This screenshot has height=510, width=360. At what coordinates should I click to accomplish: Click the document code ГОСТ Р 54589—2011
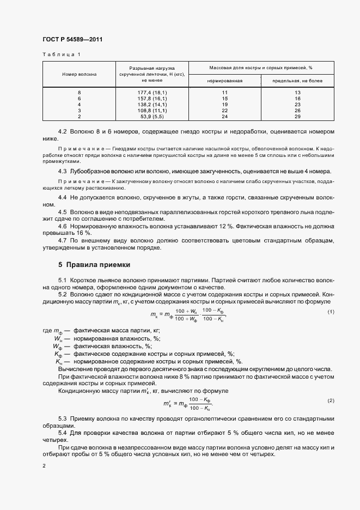pyautogui.click(x=72, y=40)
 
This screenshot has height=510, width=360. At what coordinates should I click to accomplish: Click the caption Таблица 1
pyautogui.click(x=61, y=54)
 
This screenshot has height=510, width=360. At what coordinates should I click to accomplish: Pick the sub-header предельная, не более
pyautogui.click(x=297, y=80)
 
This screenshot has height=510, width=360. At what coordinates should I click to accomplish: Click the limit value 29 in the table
pyautogui.click(x=297, y=117)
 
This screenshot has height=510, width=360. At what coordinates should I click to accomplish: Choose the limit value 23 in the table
pyautogui.click(x=297, y=105)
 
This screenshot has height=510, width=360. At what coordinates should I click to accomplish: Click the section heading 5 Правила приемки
pyautogui.click(x=94, y=265)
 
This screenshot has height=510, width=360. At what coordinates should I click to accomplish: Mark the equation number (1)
pyautogui.click(x=331, y=311)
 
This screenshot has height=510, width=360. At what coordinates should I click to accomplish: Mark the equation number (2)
pyautogui.click(x=331, y=400)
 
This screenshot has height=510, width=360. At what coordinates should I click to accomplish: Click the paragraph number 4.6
pyautogui.click(x=63, y=226)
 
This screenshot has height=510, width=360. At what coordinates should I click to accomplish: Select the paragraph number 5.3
pyautogui.click(x=63, y=417)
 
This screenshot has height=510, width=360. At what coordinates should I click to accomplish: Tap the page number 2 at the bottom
pyautogui.click(x=44, y=466)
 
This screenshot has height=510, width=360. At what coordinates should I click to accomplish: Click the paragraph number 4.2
pyautogui.click(x=63, y=132)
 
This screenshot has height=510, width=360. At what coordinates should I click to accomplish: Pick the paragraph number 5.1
pyautogui.click(x=63, y=279)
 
